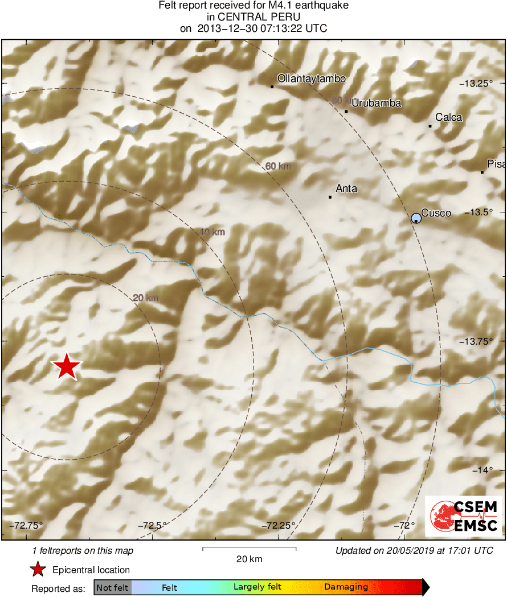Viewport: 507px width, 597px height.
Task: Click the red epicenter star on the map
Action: (x=67, y=366)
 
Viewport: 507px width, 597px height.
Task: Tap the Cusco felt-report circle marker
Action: (x=416, y=218)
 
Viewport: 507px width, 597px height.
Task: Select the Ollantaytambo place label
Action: (x=311, y=79)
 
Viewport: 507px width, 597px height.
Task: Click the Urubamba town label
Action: (x=377, y=103)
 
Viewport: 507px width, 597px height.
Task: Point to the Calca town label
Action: (x=449, y=117)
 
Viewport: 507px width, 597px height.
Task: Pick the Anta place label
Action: (x=346, y=189)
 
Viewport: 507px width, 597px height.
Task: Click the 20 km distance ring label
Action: (x=145, y=298)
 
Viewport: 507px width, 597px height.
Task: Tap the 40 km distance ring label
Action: (x=212, y=232)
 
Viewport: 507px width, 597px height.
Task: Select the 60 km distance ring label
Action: (x=279, y=166)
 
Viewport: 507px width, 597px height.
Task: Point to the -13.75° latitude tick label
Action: (x=476, y=341)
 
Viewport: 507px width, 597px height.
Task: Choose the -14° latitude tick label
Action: (x=483, y=470)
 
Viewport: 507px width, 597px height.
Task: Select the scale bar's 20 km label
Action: (x=250, y=559)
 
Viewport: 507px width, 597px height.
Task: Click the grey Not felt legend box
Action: (x=113, y=587)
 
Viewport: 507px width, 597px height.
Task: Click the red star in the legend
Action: (x=38, y=569)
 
